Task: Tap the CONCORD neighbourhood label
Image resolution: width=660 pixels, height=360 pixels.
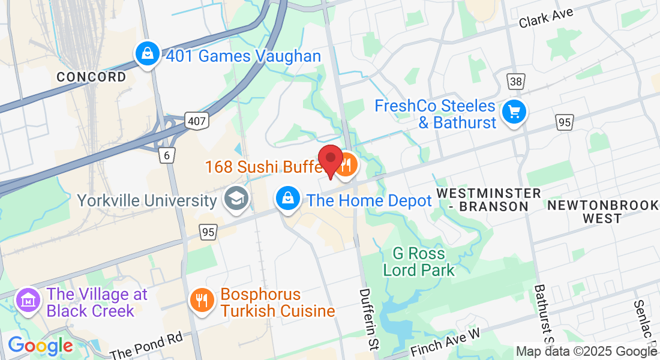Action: click(x=92, y=77)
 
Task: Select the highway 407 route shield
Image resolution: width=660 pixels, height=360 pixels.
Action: click(x=196, y=121)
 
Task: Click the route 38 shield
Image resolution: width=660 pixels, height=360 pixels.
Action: click(x=515, y=81)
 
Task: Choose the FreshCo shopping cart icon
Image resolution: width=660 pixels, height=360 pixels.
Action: click(x=514, y=112)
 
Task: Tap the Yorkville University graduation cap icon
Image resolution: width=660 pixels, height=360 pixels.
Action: click(x=236, y=199)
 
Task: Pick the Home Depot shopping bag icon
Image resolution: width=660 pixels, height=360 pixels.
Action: click(x=288, y=197)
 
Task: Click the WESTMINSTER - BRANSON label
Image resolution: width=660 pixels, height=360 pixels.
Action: click(x=488, y=200)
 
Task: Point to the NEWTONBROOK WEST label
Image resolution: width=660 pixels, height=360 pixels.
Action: click(x=602, y=212)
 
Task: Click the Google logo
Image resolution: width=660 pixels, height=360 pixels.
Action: click(x=40, y=346)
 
